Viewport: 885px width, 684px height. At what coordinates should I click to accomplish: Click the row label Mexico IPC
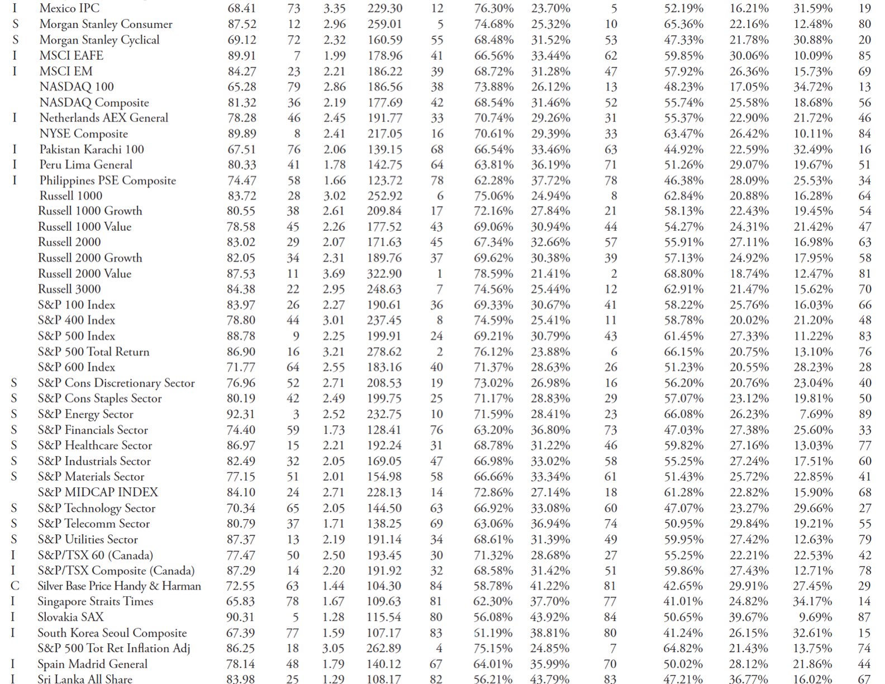[69, 8]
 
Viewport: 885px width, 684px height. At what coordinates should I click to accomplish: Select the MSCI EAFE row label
[71, 55]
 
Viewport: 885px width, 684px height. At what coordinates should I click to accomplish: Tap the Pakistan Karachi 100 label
[92, 149]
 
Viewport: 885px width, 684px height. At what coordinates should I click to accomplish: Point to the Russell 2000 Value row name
[84, 273]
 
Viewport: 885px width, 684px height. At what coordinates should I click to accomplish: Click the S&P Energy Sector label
[85, 414]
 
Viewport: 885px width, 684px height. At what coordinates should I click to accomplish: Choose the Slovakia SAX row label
[70, 617]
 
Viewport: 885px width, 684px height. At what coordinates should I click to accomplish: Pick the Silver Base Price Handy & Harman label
[119, 586]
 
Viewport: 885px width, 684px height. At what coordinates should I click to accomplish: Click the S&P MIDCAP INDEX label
[98, 492]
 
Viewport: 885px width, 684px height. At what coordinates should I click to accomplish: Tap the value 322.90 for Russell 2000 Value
[384, 274]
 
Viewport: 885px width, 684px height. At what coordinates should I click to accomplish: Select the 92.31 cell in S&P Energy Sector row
[241, 414]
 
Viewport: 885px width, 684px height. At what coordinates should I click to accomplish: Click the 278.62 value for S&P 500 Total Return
[384, 351]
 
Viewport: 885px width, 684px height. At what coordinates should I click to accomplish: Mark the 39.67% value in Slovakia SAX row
[749, 617]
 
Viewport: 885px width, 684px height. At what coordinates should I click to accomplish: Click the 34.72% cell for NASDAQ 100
[813, 87]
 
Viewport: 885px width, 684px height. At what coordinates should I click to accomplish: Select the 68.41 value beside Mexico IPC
[241, 8]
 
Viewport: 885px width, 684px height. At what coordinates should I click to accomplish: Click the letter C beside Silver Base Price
[15, 586]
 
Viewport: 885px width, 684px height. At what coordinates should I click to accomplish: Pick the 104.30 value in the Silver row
[384, 586]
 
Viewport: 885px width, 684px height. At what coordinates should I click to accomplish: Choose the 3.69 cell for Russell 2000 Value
[334, 274]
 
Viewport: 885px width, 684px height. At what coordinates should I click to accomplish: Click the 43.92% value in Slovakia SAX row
[550, 617]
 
